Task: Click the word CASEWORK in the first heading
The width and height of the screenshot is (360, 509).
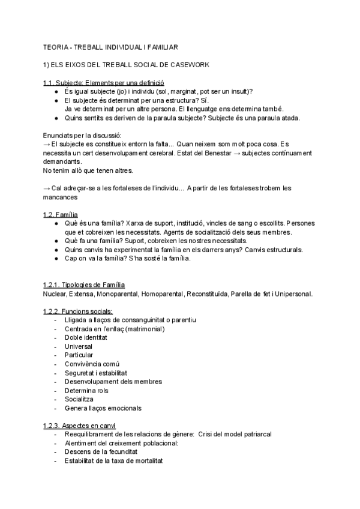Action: (188, 64)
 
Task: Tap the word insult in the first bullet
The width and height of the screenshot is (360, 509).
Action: (239, 91)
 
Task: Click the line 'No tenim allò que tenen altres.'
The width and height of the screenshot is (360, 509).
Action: (88, 171)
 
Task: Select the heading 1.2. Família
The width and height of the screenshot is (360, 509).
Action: (61, 215)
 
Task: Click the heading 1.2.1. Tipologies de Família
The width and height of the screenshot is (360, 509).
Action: (84, 285)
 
